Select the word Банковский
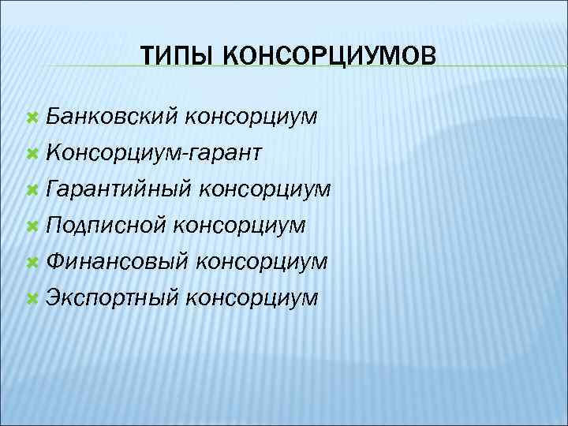point(113,118)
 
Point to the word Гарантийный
point(119,190)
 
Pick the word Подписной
point(106,226)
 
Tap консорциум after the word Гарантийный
point(265,190)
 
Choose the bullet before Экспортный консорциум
point(33,298)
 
